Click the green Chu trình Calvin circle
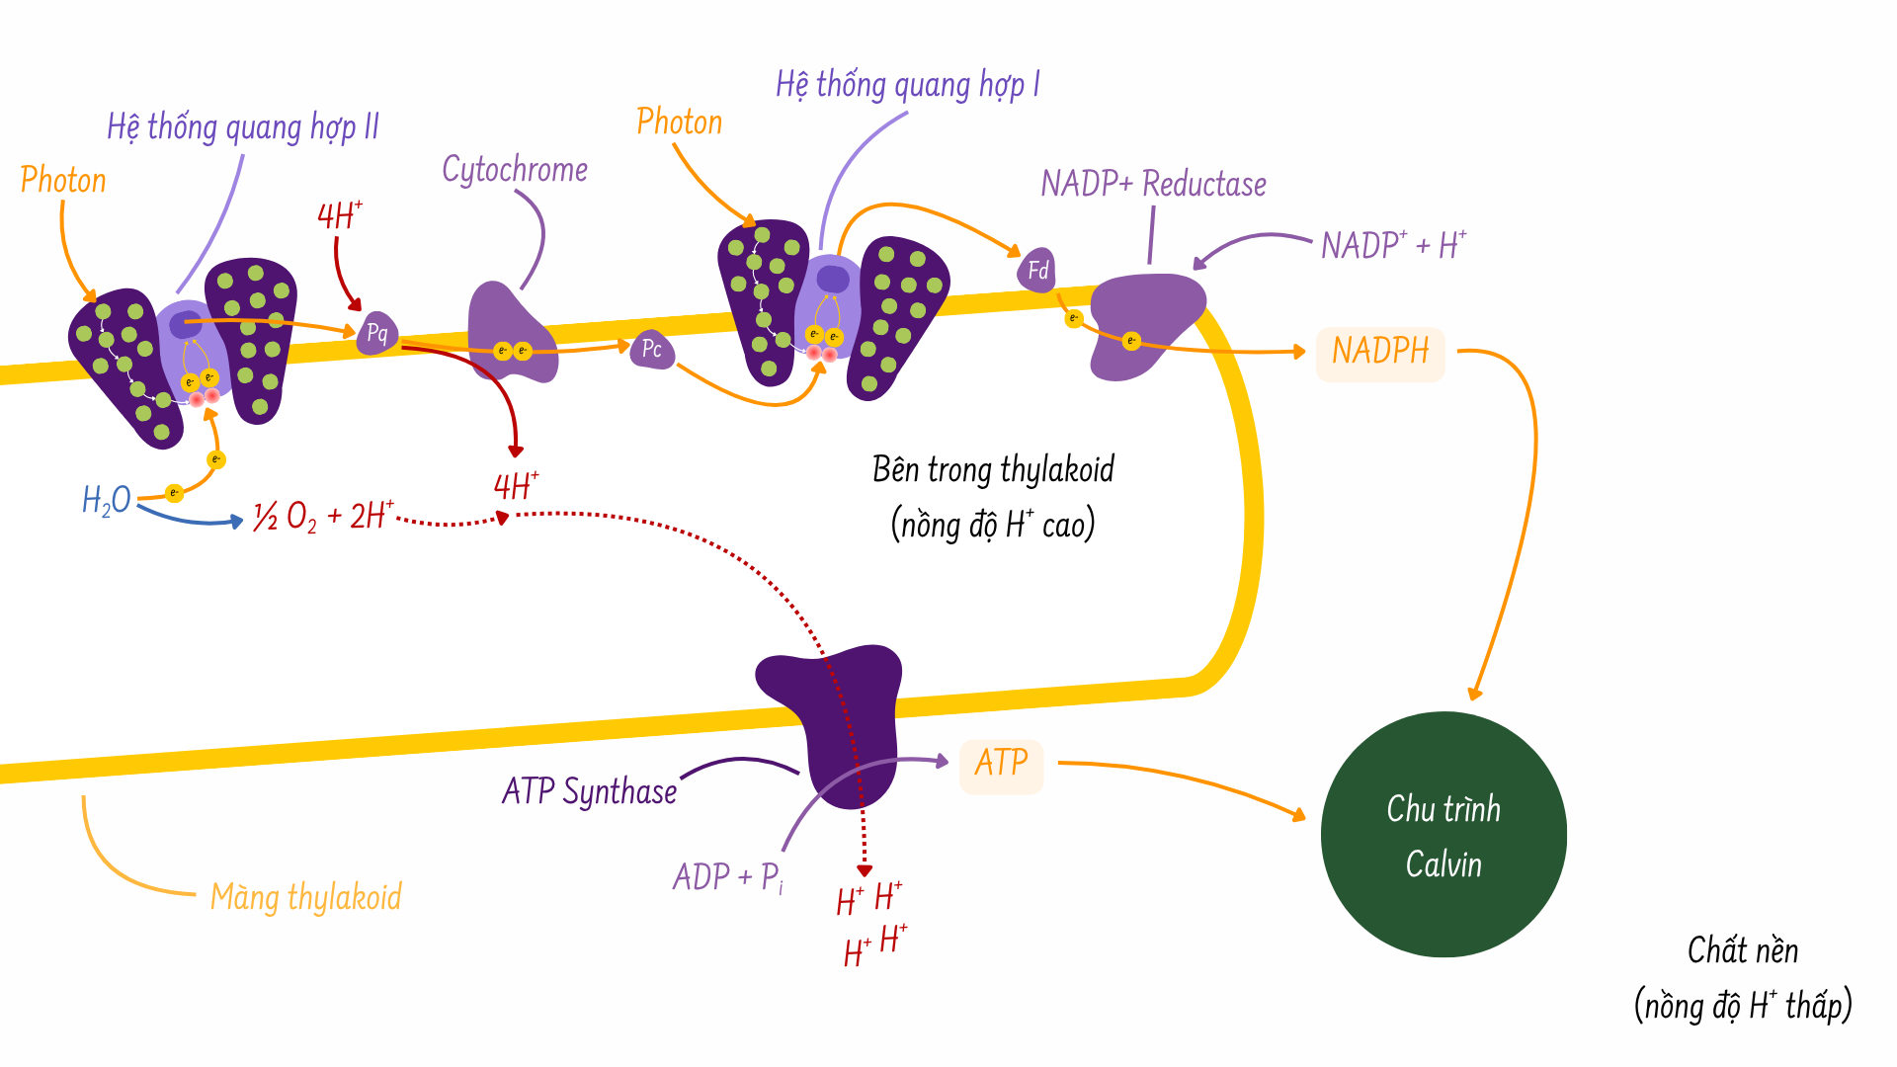tap(1443, 835)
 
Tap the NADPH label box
tap(1380, 352)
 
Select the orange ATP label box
tap(1001, 764)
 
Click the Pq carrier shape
tap(377, 333)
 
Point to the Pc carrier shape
tap(652, 350)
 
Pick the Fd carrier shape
tap(1037, 270)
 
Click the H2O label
tap(107, 500)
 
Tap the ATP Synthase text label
tap(589, 791)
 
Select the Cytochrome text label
tap(515, 170)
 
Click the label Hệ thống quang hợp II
tap(243, 127)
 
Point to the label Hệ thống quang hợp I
tap(907, 85)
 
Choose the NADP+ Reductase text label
tap(1153, 185)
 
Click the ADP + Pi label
tap(728, 877)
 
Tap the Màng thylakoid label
tap(306, 897)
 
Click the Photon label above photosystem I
tap(680, 123)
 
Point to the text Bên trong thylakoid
tap(993, 469)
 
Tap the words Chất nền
tap(1743, 950)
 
